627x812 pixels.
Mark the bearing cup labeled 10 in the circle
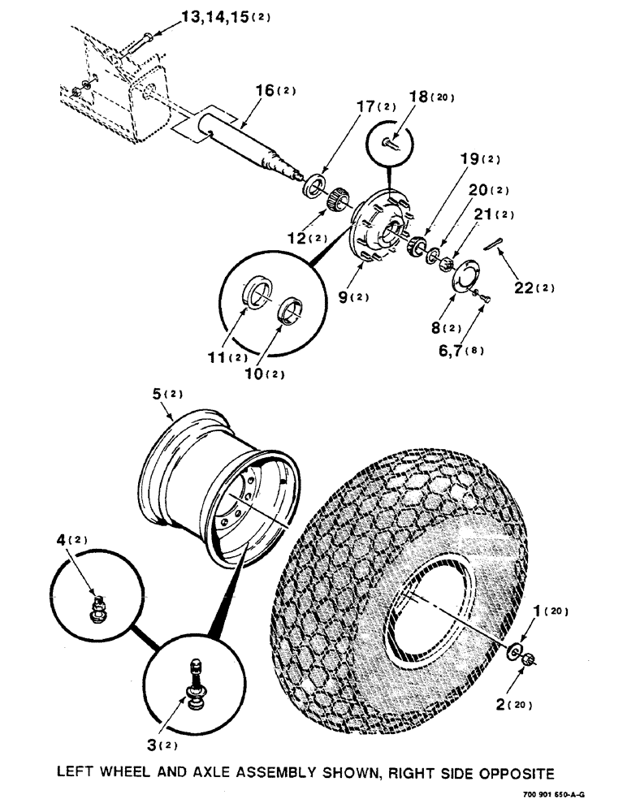[x=290, y=311]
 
